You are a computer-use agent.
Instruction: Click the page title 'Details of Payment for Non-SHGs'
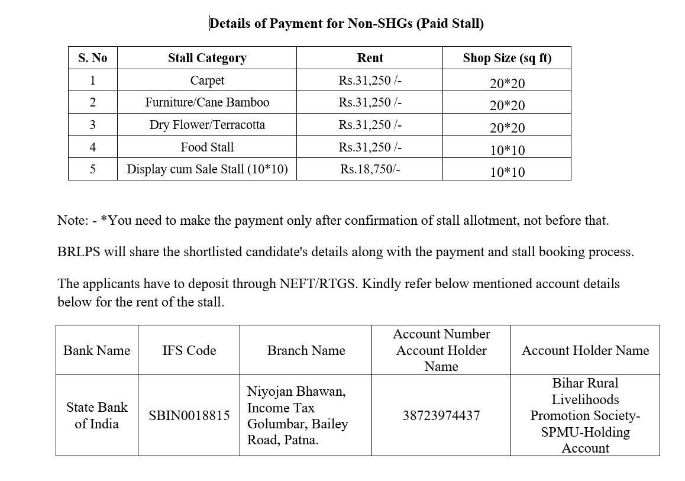tap(347, 24)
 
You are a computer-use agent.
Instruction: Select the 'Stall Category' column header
tap(207, 58)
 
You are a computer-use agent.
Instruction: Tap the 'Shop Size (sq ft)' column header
tap(507, 58)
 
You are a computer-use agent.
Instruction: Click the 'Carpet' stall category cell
tap(207, 80)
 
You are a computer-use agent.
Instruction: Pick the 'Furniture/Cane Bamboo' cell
tap(207, 102)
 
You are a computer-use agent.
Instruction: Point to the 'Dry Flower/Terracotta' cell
tap(207, 125)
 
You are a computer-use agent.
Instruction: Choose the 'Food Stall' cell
tap(207, 147)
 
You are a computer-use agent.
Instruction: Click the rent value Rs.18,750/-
tap(370, 169)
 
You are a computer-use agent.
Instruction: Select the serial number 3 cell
tap(92, 125)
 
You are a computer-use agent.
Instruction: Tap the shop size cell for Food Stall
tap(507, 150)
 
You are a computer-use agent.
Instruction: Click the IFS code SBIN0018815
tap(189, 415)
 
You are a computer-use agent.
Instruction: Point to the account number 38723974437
tap(441, 415)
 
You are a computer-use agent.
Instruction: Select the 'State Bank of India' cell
tap(96, 415)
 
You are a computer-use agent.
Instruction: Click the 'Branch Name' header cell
tap(306, 350)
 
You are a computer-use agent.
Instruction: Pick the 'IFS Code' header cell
tap(189, 350)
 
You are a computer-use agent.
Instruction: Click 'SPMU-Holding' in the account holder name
tap(585, 432)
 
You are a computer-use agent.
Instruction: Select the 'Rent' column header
tap(370, 58)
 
